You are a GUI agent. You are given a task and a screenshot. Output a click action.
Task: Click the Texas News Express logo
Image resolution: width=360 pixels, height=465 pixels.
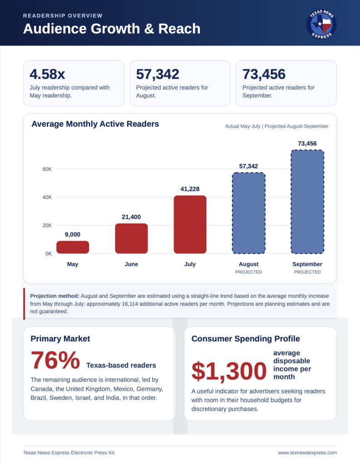(321, 24)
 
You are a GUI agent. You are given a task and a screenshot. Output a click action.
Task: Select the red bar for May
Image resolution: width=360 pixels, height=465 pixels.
(73, 247)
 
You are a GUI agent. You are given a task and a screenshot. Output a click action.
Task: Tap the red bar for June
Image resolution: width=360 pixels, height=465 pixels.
(131, 238)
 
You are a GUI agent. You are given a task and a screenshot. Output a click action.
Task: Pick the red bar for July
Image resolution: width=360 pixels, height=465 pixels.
(190, 224)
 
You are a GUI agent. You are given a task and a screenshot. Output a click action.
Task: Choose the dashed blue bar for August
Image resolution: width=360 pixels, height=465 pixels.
(248, 213)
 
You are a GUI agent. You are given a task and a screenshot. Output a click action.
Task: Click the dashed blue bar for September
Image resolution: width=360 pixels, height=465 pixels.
(307, 202)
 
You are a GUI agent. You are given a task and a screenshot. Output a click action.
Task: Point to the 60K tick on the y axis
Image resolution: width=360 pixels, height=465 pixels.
(47, 169)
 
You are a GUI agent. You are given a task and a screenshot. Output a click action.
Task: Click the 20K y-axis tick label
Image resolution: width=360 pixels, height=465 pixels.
(47, 225)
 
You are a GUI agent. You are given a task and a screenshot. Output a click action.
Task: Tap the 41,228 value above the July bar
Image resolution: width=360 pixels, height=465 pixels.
(190, 189)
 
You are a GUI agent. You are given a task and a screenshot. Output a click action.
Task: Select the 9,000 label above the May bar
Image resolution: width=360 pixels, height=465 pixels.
(73, 235)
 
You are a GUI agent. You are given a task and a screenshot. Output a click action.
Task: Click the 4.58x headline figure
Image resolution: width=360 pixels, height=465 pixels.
(47, 74)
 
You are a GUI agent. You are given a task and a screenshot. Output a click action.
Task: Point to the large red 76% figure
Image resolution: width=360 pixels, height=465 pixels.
(55, 360)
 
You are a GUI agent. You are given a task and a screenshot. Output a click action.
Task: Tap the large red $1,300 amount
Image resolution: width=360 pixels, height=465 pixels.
(229, 371)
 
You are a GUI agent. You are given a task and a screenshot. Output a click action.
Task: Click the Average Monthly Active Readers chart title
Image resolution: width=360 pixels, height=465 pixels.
(95, 124)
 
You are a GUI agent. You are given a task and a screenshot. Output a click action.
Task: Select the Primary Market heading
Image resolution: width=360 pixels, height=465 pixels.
(60, 339)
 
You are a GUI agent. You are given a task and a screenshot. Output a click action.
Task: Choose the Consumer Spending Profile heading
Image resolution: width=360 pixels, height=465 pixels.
(246, 339)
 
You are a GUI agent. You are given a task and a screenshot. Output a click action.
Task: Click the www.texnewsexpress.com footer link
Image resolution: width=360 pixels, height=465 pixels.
(307, 453)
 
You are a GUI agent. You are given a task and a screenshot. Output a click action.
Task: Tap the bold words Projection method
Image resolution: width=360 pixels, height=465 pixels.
(55, 296)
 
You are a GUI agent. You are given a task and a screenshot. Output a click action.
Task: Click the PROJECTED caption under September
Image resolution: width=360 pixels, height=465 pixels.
(307, 272)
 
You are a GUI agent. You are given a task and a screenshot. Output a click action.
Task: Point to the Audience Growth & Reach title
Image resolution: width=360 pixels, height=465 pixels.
(112, 29)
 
